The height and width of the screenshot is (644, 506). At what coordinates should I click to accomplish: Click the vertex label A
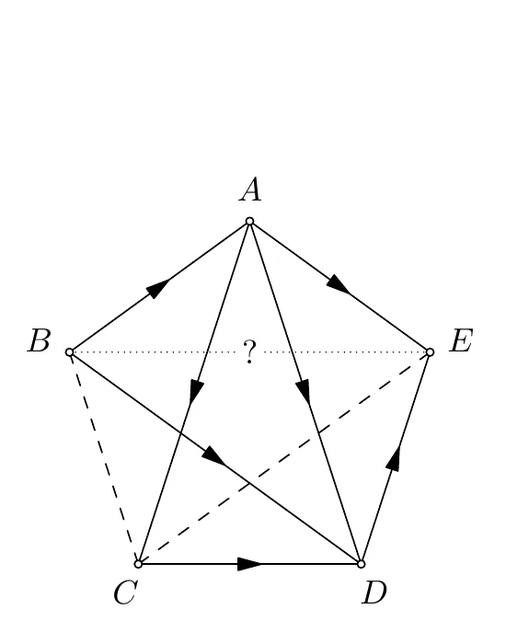click(x=250, y=190)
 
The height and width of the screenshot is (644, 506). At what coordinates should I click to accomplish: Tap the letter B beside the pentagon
click(x=39, y=341)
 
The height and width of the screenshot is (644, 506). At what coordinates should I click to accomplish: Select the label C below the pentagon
click(x=125, y=593)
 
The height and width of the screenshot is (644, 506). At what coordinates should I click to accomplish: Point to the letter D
click(x=374, y=592)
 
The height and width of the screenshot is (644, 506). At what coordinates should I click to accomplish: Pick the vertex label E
click(x=461, y=341)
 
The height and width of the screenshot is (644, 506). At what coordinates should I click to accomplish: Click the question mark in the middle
click(x=249, y=352)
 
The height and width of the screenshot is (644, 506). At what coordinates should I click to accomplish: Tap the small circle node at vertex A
click(x=249, y=222)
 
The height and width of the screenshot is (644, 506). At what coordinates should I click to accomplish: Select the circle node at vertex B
click(x=70, y=352)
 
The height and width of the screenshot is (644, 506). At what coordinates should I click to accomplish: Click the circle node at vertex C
click(x=138, y=564)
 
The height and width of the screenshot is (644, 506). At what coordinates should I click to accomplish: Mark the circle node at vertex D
click(x=361, y=564)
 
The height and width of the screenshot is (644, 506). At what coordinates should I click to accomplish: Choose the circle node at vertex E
click(x=430, y=352)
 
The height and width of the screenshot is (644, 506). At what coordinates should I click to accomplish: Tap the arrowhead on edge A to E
click(x=339, y=284)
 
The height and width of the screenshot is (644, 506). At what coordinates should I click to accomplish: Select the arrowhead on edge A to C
click(x=196, y=392)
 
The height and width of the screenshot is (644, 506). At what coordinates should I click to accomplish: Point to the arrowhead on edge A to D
click(x=304, y=392)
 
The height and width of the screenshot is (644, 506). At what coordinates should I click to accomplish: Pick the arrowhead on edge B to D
click(x=213, y=455)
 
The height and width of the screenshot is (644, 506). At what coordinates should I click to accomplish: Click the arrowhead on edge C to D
click(x=250, y=564)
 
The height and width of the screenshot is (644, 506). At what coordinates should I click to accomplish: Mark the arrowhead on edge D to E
click(x=393, y=458)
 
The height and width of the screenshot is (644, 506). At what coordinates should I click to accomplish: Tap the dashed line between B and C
click(x=104, y=458)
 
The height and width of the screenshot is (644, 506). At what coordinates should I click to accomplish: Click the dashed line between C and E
click(x=284, y=458)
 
